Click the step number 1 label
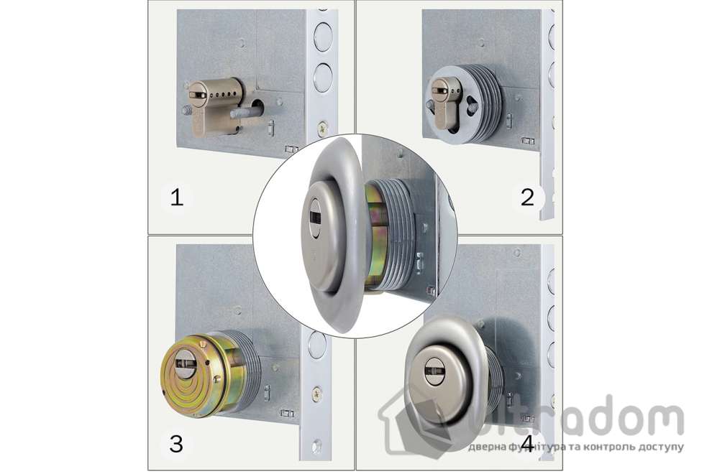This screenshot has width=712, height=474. click(177, 198)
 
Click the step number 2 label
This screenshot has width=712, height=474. click(527, 197)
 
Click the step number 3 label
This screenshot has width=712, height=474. click(176, 444)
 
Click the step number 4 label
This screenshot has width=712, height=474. click(527, 444)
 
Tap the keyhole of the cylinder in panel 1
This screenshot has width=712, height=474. click(198, 95)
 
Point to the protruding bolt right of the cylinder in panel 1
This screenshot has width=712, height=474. click(246, 112)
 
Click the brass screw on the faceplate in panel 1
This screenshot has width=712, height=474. click(322, 129)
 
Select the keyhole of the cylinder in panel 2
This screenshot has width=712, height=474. click(440, 90)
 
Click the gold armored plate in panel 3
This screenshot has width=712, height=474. click(187, 373)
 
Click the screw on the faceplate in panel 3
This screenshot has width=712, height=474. click(316, 394)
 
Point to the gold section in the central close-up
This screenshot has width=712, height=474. click(376, 238)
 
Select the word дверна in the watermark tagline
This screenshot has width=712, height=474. click(485, 447)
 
